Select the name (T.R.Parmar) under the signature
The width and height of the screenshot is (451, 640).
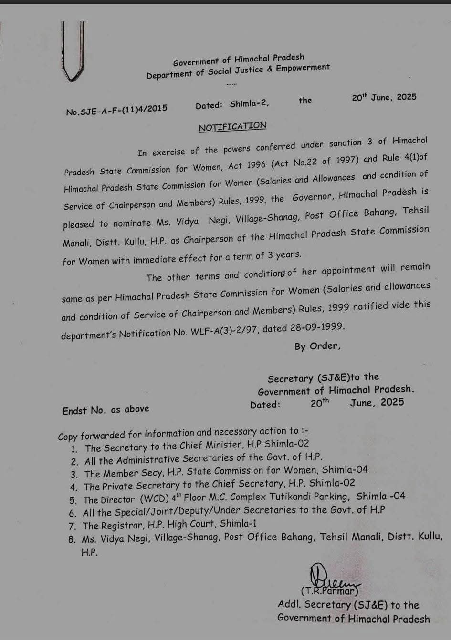click(x=329, y=591)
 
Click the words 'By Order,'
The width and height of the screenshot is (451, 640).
click(x=317, y=346)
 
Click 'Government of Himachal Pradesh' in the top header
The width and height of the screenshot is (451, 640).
click(x=239, y=60)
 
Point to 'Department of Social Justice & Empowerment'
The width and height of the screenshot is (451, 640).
click(x=238, y=72)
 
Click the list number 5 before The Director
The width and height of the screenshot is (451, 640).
click(x=73, y=500)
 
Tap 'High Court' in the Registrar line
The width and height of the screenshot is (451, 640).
click(x=192, y=525)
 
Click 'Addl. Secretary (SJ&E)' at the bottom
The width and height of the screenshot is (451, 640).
click(x=332, y=605)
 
